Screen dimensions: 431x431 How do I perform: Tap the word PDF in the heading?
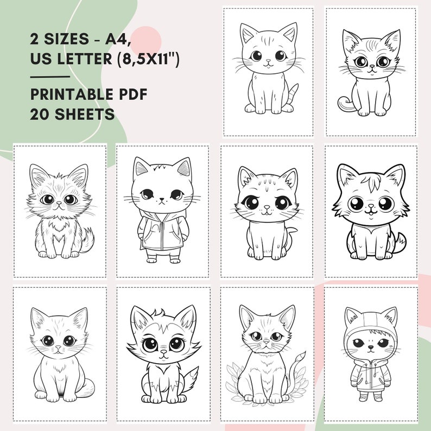coord(133,94)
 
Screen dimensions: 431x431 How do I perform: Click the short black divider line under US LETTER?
coord(50,77)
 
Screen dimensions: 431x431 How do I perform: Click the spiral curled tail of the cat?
coord(344,103)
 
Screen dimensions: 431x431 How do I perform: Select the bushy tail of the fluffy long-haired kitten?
coord(87,239)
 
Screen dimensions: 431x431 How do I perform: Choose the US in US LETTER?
coord(41,58)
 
